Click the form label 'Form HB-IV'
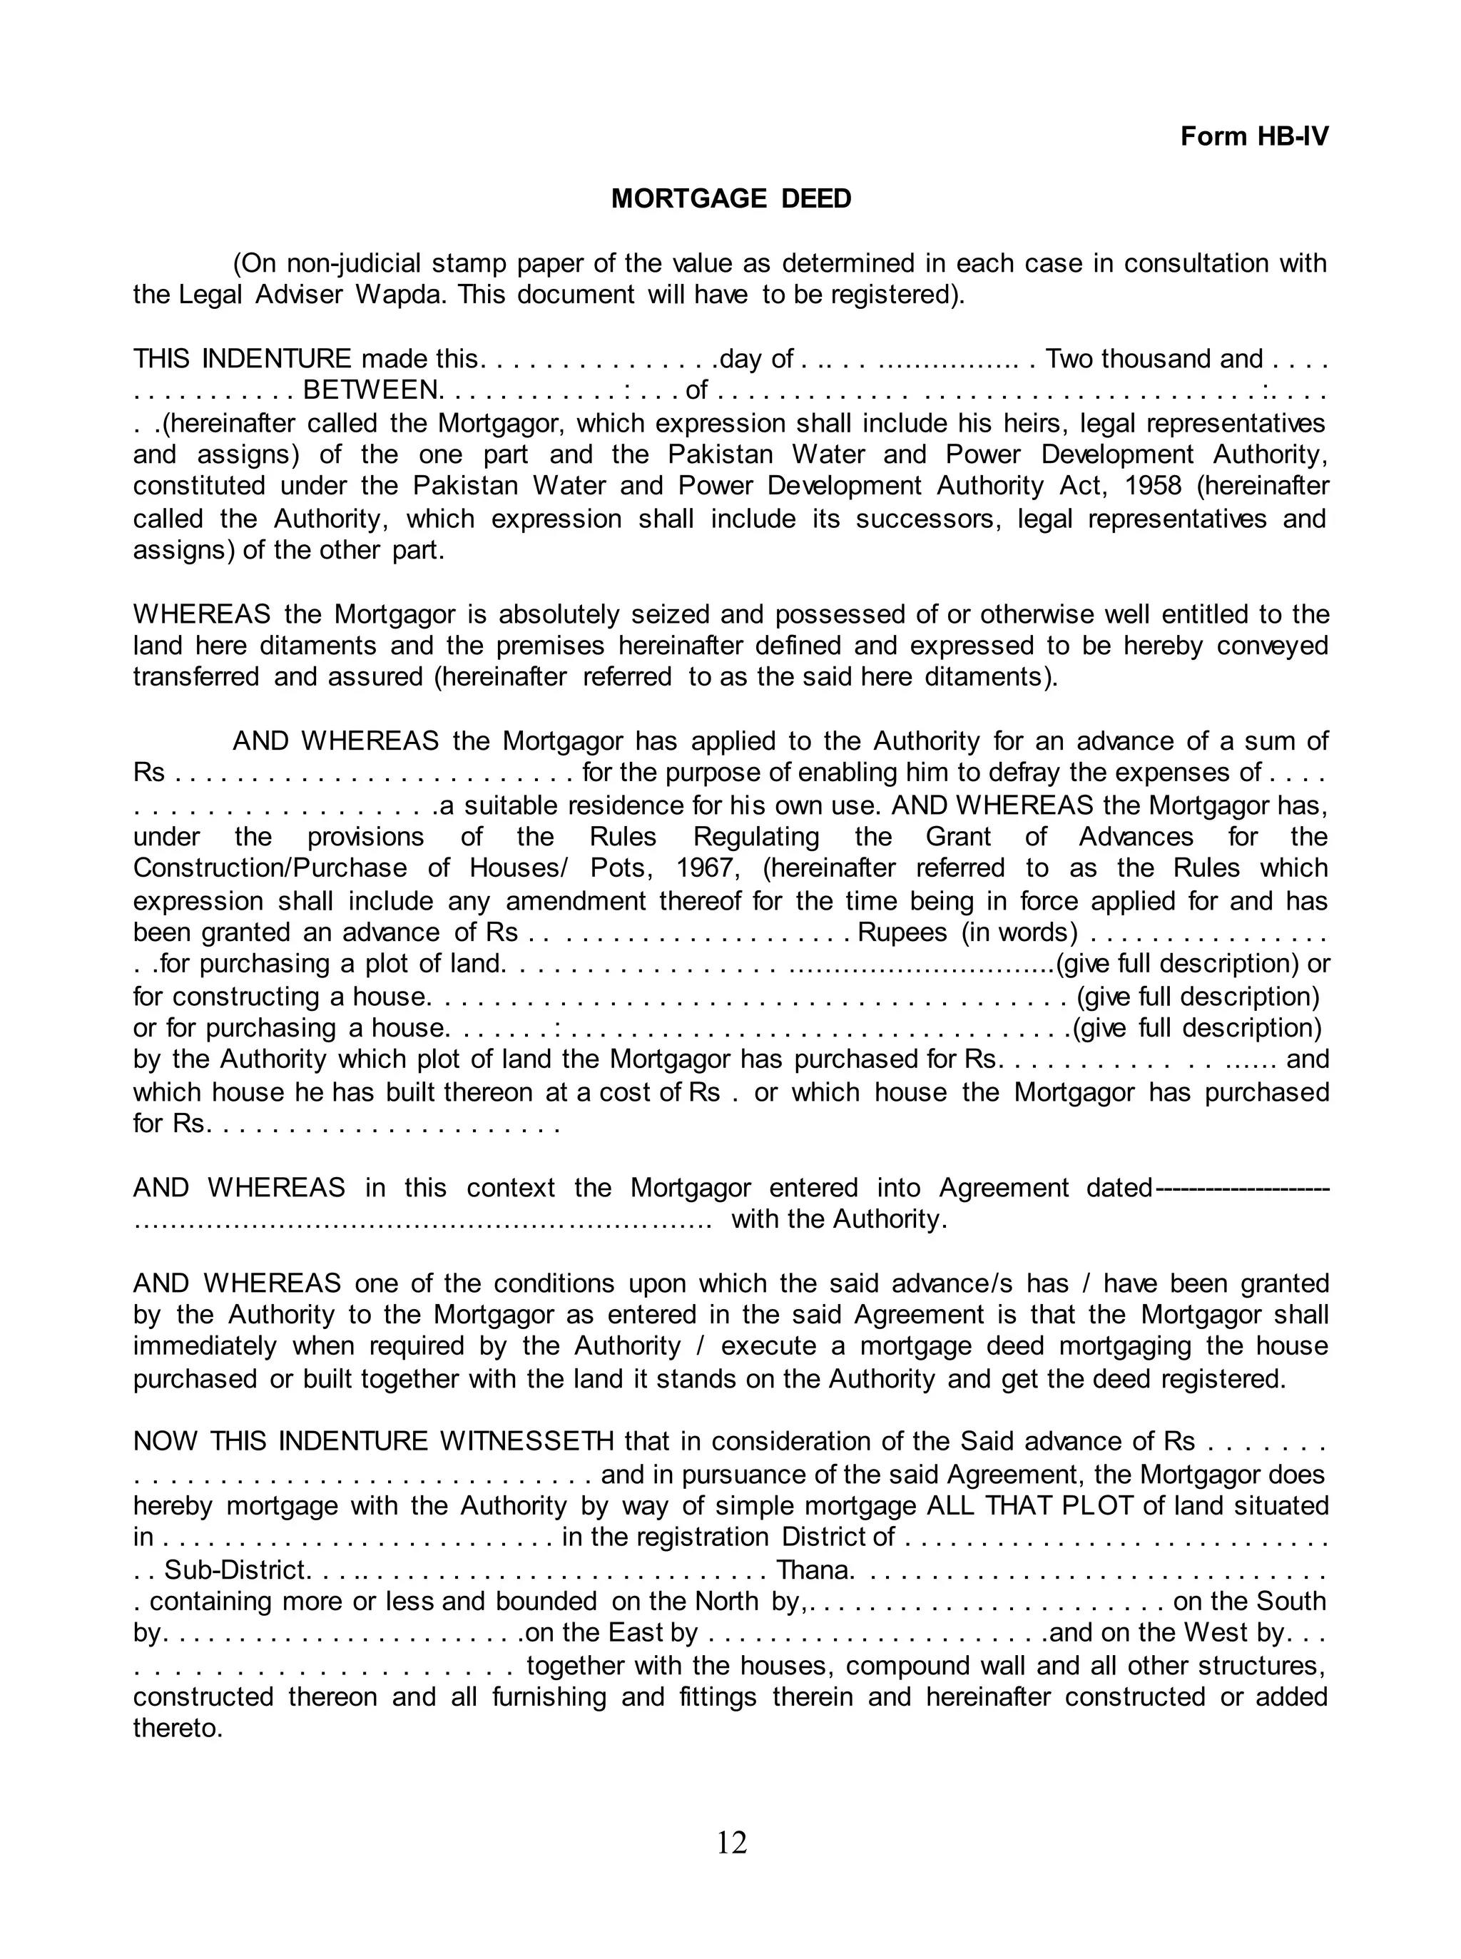pyautogui.click(x=1253, y=136)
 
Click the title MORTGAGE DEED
pyautogui.click(x=730, y=198)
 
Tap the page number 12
pyautogui.click(x=731, y=1842)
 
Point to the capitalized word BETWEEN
pyautogui.click(x=370, y=390)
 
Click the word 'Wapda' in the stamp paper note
pyautogui.click(x=402, y=295)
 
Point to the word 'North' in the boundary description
pyautogui.click(x=726, y=1601)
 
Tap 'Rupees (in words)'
pyautogui.click(x=967, y=932)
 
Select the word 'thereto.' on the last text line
pyautogui.click(x=178, y=1727)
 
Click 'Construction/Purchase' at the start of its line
pyautogui.click(x=270, y=867)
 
